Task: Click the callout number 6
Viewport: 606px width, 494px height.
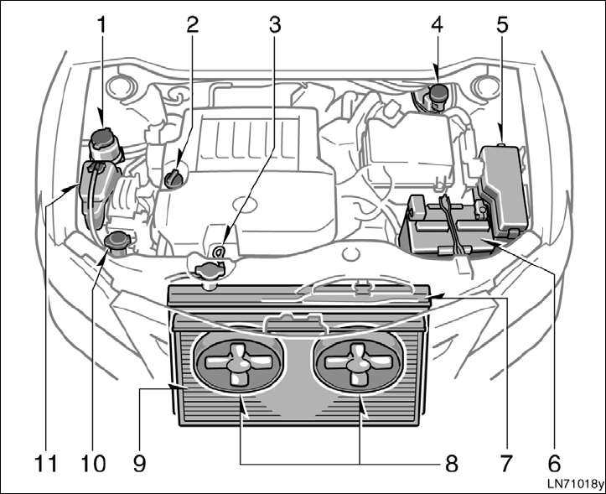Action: click(x=553, y=462)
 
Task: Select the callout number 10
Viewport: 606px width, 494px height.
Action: click(x=94, y=462)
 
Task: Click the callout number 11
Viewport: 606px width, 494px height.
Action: click(x=49, y=462)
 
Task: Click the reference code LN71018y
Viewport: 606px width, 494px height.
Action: click(x=574, y=485)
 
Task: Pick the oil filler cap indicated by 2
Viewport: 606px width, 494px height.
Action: click(x=174, y=177)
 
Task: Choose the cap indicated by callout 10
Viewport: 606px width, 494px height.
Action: click(x=116, y=242)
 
